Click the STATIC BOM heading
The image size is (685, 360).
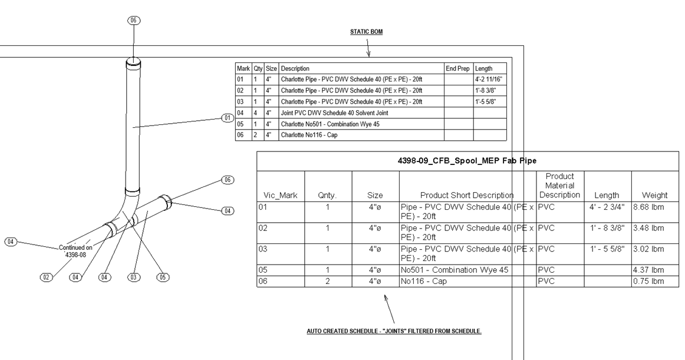pos(366,32)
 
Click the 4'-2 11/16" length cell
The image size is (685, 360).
pos(489,80)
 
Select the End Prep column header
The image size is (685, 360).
pos(457,68)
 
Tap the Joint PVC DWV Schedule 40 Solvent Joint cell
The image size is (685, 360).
pos(334,113)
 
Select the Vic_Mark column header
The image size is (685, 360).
pos(280,195)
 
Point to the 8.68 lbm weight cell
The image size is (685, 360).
pos(649,207)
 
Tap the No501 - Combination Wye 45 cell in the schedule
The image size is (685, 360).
pos(454,270)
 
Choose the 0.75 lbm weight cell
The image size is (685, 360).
pos(649,281)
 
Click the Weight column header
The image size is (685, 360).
pos(654,195)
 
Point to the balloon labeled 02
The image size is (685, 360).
pos(47,276)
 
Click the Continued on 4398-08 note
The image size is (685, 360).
pos(75,252)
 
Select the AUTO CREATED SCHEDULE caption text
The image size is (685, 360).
pos(394,331)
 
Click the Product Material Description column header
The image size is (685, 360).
pos(559,186)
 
